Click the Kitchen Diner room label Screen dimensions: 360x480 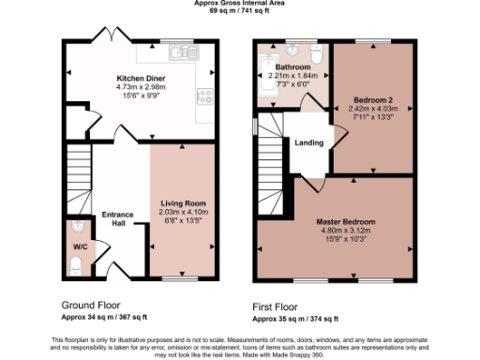click(x=141, y=79)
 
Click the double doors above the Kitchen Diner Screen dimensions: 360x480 click(x=109, y=38)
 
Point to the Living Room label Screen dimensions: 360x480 click(x=184, y=203)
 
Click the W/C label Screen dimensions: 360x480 click(x=79, y=248)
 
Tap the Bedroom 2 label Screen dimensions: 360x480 click(x=373, y=99)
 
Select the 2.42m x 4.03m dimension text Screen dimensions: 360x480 click(x=373, y=108)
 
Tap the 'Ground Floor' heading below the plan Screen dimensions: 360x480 click(x=92, y=306)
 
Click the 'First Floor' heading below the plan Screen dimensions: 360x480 click(x=277, y=307)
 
